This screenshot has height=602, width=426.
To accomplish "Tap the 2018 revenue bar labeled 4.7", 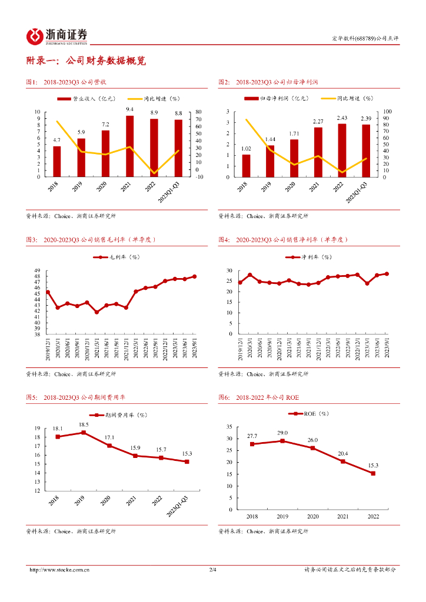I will point(56,161).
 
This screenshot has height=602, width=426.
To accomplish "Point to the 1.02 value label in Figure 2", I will point(246,148).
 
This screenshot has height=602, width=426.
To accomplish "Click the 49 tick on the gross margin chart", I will point(36,270).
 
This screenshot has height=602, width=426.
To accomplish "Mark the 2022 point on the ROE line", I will point(372,473).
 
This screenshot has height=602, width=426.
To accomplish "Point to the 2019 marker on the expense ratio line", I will point(83,433).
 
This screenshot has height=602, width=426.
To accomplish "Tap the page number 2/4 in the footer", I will point(213,570).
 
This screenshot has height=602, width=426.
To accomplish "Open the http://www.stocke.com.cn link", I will point(59,570).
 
